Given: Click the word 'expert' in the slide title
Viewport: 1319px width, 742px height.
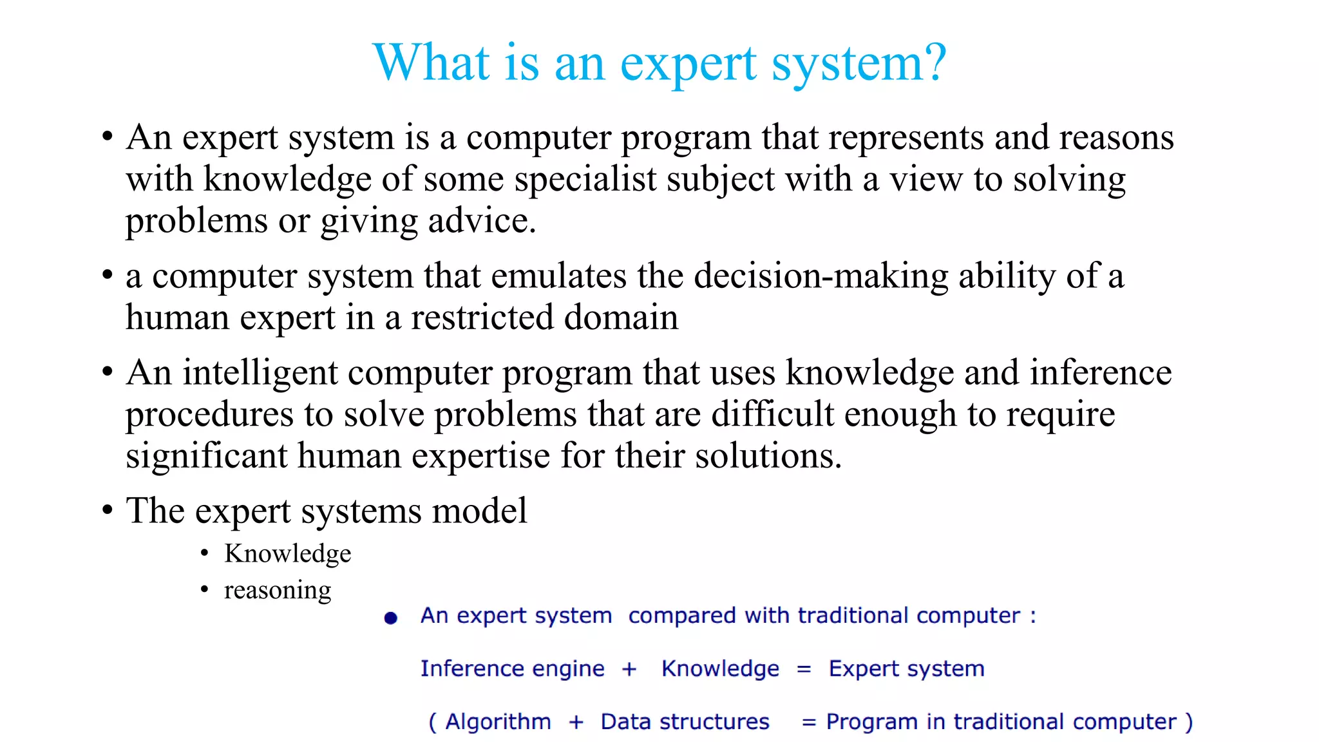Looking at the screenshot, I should [x=688, y=64].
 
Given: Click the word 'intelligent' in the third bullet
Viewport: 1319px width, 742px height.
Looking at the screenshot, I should [x=260, y=373].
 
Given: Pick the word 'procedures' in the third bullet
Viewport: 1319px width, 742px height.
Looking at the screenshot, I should [x=209, y=415].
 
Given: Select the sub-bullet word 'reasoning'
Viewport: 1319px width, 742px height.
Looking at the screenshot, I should [x=278, y=590].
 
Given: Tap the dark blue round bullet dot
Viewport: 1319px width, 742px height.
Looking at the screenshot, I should [x=390, y=618].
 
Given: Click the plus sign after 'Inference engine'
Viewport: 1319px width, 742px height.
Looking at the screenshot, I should [x=629, y=669].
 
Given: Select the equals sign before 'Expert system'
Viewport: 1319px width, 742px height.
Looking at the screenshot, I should [x=803, y=669].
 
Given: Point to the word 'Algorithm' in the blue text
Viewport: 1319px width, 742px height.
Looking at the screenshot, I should [x=498, y=722].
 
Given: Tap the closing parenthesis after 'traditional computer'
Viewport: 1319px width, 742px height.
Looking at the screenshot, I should [x=1189, y=722].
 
